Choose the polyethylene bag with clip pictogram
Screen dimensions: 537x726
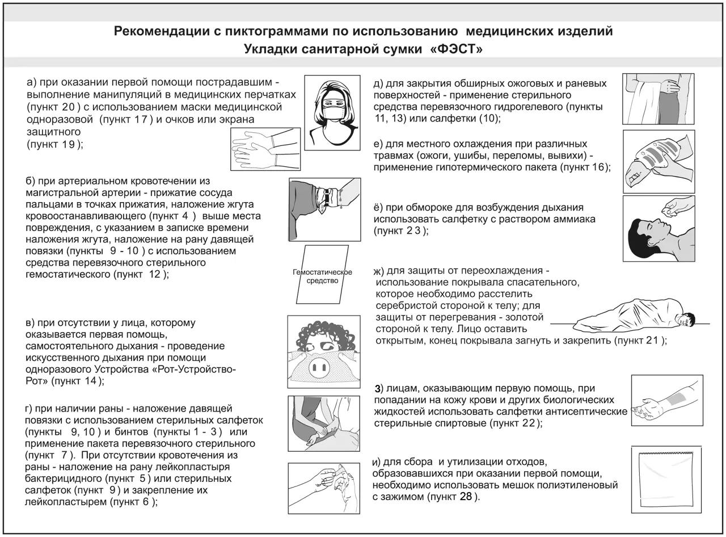click(x=663, y=479)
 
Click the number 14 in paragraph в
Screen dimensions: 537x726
click(x=90, y=381)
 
